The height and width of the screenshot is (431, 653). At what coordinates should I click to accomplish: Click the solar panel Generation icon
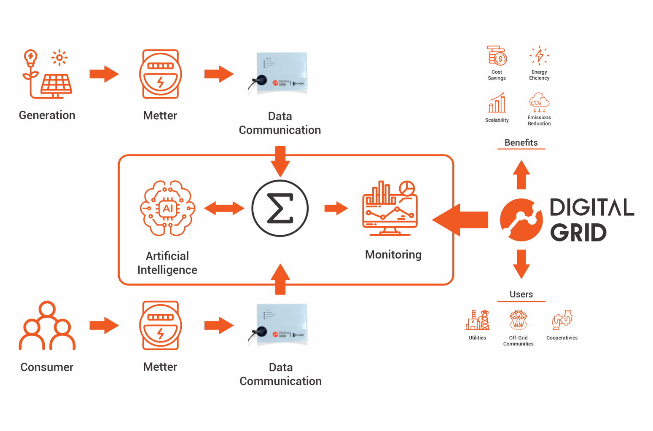tap(47, 74)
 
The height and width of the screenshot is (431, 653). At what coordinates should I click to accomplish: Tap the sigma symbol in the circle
tap(280, 208)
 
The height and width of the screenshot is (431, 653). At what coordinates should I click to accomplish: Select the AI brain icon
tap(168, 208)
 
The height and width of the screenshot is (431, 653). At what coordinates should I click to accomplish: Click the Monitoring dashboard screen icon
tap(390, 209)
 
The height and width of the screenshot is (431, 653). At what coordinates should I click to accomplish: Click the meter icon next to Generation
tap(160, 74)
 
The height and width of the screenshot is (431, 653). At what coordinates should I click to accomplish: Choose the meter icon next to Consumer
tap(160, 325)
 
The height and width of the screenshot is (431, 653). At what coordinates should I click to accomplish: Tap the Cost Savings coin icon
tap(497, 56)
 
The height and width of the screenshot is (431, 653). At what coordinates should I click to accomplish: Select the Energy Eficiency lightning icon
tap(539, 56)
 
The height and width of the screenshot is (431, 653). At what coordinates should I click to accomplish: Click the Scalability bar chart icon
tap(497, 103)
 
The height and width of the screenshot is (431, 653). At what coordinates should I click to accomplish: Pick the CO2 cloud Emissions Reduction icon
tap(539, 102)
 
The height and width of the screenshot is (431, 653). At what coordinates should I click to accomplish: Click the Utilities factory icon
tap(478, 320)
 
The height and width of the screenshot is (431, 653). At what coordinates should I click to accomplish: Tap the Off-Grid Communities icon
tap(518, 320)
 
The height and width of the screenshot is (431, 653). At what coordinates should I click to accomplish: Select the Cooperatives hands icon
tap(562, 320)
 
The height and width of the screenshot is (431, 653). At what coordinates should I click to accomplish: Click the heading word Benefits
tap(521, 143)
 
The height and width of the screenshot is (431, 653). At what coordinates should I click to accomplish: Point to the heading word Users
tap(521, 294)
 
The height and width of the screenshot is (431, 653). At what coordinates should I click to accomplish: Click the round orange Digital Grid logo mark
tap(521, 220)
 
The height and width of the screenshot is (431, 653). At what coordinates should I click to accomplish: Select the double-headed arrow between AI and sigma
tap(224, 208)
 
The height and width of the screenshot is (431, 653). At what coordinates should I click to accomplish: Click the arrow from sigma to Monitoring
tap(336, 208)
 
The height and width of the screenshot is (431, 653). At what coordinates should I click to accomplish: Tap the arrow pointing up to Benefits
tap(521, 175)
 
